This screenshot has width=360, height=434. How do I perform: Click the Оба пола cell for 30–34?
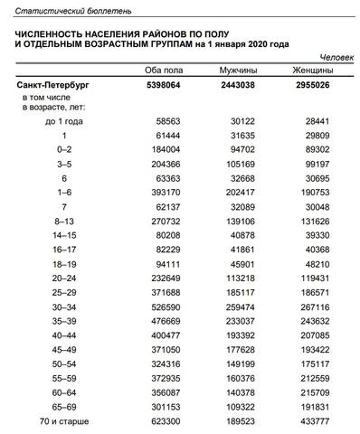pyautogui.click(x=170, y=307)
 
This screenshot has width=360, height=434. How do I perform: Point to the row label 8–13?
pyautogui.click(x=64, y=220)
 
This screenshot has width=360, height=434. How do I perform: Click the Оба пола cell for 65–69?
pyautogui.click(x=170, y=406)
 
